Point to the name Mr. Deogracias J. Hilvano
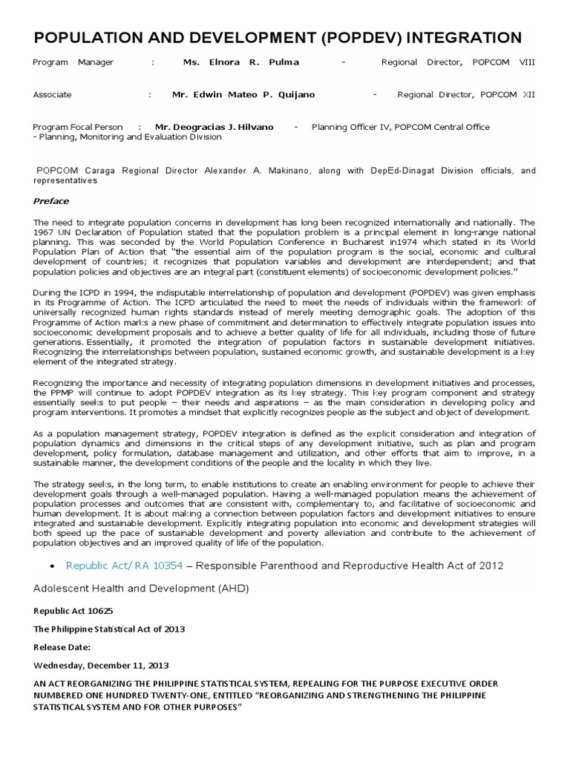tap(214, 127)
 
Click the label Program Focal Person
tap(78, 127)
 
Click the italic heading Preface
tap(51, 201)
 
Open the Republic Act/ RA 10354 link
tap(124, 566)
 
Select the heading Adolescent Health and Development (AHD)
tap(141, 589)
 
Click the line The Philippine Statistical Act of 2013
tap(108, 629)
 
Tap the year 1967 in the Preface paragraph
tap(43, 231)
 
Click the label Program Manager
tap(73, 63)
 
